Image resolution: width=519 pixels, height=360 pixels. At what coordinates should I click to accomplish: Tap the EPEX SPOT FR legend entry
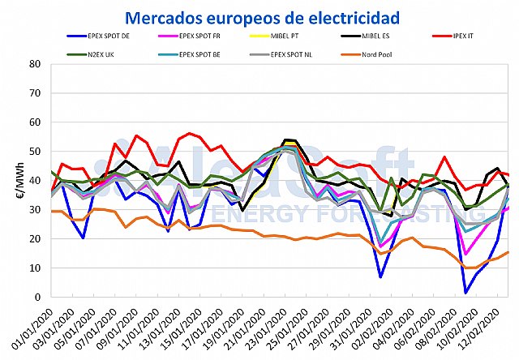point(202,36)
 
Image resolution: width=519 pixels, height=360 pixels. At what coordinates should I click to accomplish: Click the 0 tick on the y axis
point(39,297)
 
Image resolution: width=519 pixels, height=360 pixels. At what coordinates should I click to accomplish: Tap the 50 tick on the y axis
point(36,151)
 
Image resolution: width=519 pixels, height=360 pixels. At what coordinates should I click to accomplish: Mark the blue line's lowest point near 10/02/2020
point(466,293)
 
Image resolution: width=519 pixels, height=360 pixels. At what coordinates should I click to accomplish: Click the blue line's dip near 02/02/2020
point(381,277)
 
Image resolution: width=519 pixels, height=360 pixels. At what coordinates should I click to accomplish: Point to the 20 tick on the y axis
point(36,238)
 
